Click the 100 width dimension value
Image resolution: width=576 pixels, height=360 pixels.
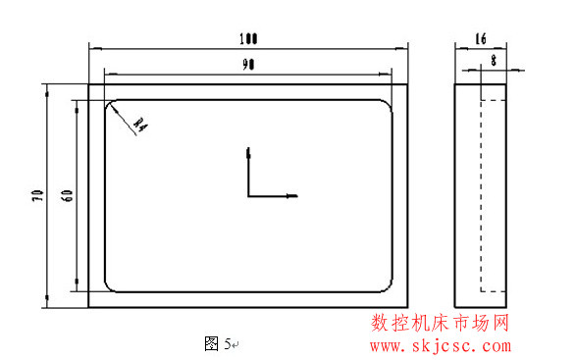(248, 39)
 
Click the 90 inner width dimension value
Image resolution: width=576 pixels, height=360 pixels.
(248, 65)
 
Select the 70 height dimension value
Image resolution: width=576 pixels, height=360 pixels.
(36, 195)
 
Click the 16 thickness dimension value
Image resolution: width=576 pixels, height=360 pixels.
(480, 39)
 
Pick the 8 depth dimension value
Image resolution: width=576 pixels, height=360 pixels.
(492, 60)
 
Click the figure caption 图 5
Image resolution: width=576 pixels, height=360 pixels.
(217, 343)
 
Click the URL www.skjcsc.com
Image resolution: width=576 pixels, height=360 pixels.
(440, 345)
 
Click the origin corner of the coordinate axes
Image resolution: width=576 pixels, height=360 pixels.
(249, 196)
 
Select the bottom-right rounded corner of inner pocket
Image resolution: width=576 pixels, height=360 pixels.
(389, 286)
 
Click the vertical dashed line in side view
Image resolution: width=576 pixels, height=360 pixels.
(481, 196)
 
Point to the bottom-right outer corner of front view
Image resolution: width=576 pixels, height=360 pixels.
(408, 307)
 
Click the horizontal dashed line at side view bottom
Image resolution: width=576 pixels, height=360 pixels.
(494, 290)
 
